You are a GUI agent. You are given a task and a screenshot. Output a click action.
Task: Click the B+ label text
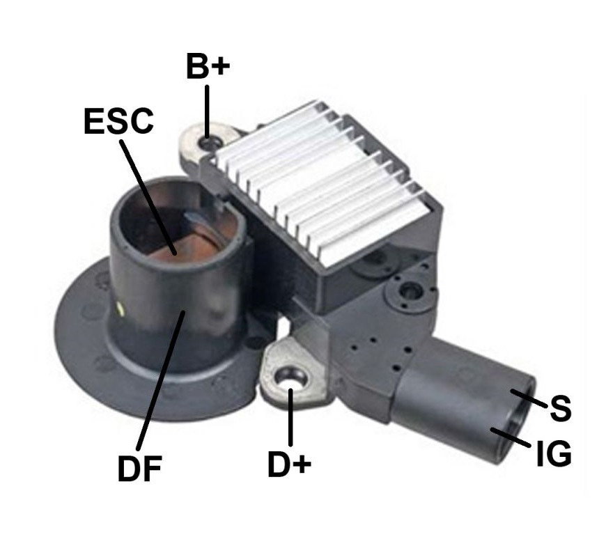[208, 65]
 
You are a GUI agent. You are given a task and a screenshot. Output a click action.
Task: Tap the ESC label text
[118, 121]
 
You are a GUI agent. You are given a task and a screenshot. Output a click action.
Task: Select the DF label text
[139, 468]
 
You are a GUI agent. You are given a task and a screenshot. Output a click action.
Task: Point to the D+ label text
[290, 465]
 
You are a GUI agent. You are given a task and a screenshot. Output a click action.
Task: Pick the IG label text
[554, 453]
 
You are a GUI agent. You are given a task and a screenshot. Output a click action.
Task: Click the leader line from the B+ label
[207, 111]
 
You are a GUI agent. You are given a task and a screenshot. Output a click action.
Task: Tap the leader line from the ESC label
[148, 197]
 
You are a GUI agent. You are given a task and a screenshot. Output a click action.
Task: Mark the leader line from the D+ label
[290, 416]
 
